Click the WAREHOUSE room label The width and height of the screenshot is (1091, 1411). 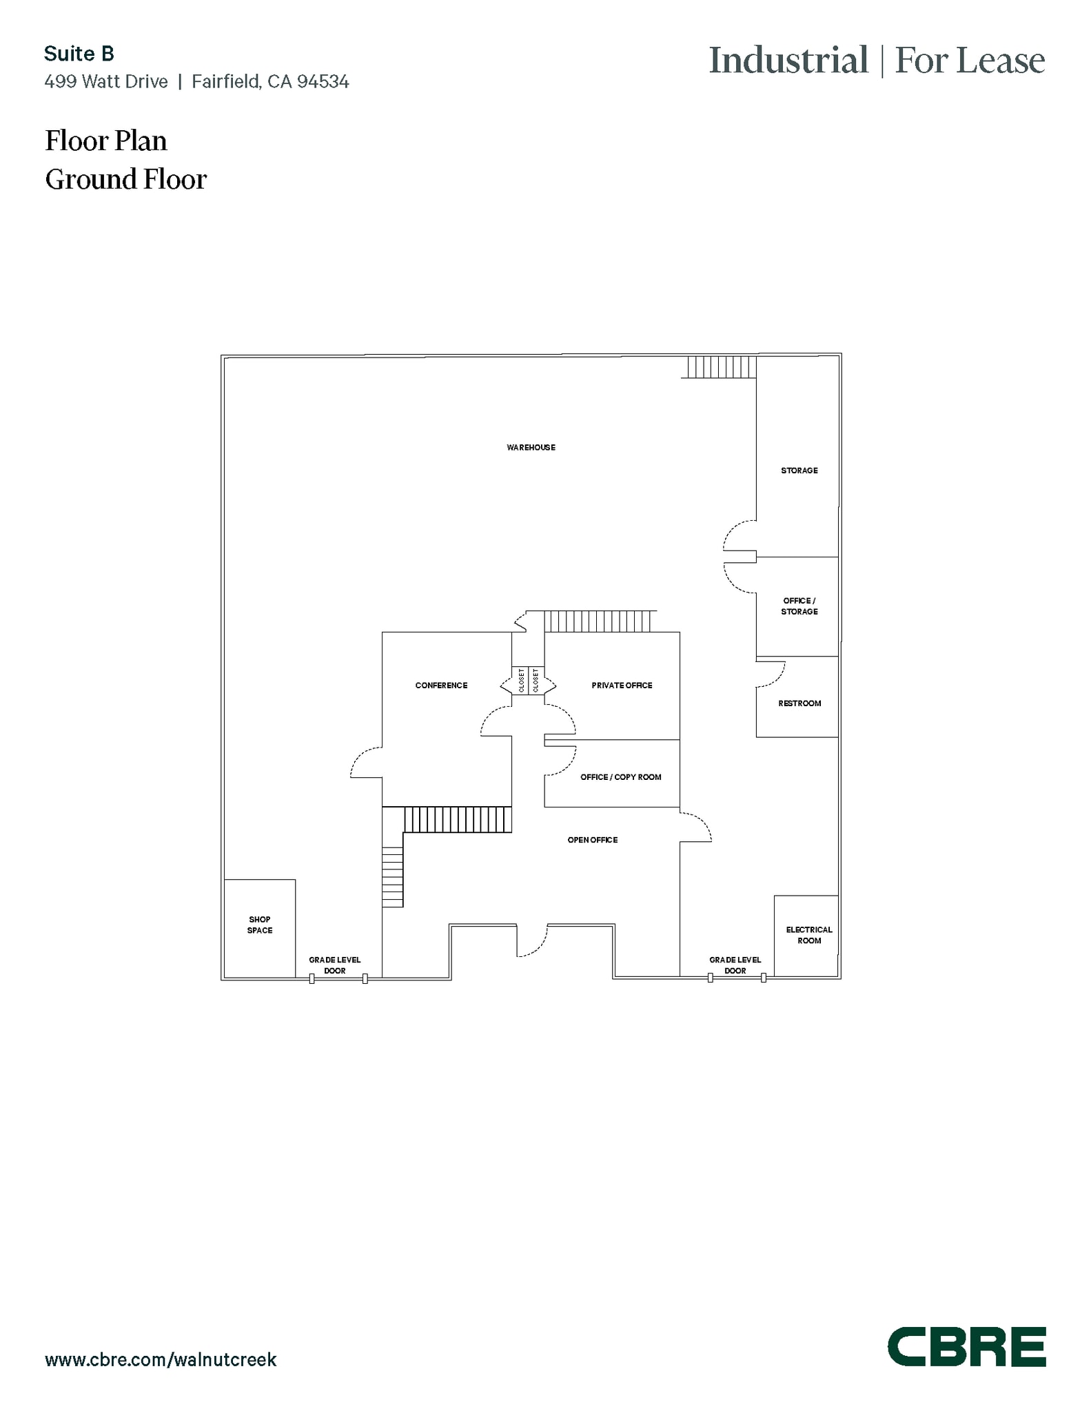pos(531,447)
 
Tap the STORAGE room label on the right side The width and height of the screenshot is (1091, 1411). pos(799,471)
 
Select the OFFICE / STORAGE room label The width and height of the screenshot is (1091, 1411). pos(799,606)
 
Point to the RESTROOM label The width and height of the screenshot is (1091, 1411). pos(799,703)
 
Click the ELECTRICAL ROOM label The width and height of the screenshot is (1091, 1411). pos(808,935)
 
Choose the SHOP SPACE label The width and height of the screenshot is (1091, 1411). pos(260,925)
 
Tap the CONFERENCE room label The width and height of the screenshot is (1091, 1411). pos(441,686)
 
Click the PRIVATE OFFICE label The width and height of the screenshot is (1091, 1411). pos(622,686)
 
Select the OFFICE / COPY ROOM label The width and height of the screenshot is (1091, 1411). pos(620,777)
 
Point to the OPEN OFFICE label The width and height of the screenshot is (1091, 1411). pos(592,840)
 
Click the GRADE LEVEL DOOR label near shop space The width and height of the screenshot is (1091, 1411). pos(334,965)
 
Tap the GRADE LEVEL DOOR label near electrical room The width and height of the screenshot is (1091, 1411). pos(735,965)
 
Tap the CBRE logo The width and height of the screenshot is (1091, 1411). pos(966,1346)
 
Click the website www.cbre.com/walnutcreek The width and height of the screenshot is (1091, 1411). pos(161,1359)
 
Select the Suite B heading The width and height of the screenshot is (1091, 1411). pos(79,54)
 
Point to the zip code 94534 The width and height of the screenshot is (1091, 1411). pos(323,82)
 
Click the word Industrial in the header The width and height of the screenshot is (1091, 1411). pos(788,61)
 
